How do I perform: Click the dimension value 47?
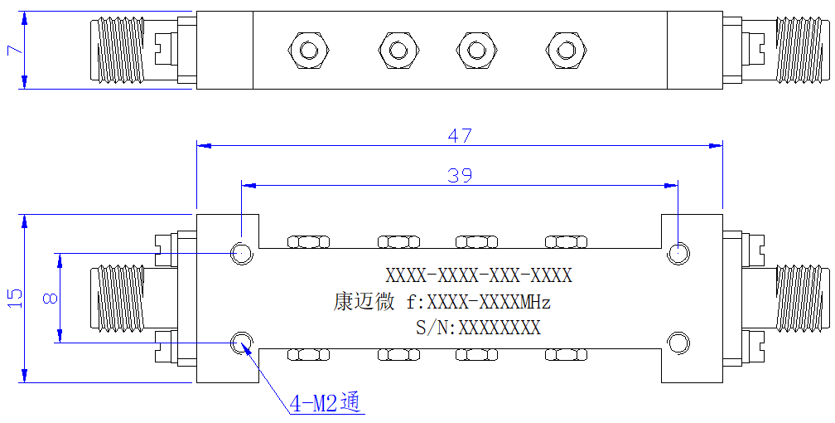point(460,135)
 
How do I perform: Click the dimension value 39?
point(460,175)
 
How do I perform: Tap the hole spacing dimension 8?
point(50,298)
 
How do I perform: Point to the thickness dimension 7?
point(15,50)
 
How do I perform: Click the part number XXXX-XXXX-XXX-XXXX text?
point(479,275)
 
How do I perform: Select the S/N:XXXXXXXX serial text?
point(478,327)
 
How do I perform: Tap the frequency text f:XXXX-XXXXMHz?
point(478,303)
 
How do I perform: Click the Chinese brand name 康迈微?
point(364,302)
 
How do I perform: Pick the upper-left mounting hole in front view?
point(241,252)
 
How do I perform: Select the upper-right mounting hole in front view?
point(678,252)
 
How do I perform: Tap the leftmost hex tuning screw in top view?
point(307,50)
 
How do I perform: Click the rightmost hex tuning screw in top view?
point(566,50)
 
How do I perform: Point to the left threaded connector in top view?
point(118,50)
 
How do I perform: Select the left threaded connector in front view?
point(118,298)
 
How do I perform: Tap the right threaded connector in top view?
point(802,50)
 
